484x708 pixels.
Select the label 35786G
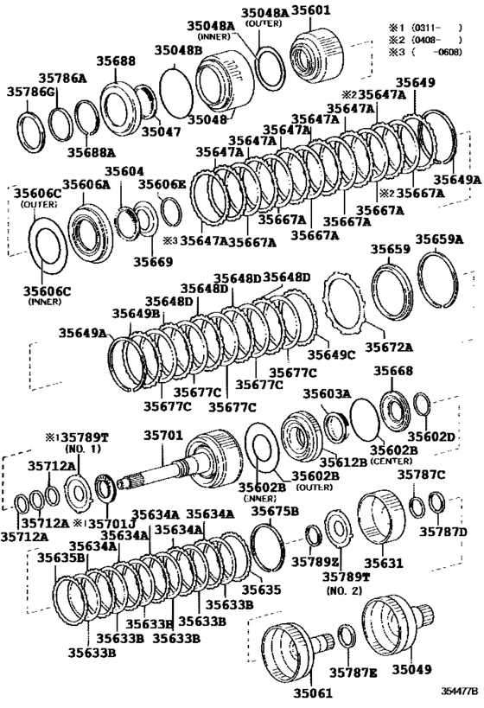coord(31,92)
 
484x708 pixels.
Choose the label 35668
coord(393,372)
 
